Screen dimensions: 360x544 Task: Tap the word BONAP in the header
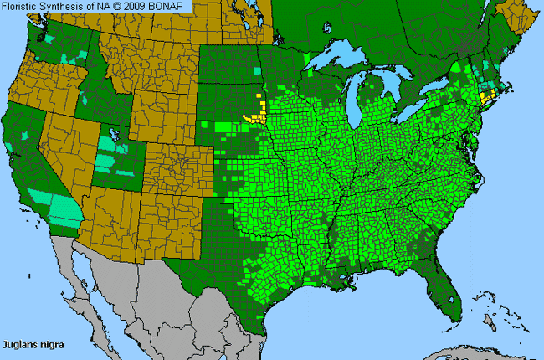pos(172,7)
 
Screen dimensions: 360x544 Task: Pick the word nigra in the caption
pos(52,343)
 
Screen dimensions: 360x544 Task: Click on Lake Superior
pos(335,62)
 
